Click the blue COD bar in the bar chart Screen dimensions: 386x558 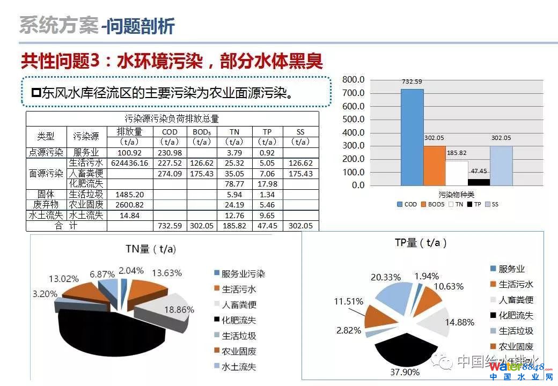(x=412, y=137)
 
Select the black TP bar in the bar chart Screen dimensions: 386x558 (x=479, y=182)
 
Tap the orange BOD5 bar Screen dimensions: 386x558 (x=435, y=165)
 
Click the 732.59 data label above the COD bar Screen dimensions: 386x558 (x=412, y=82)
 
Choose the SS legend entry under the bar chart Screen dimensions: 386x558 (x=491, y=204)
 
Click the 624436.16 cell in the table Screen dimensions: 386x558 (x=129, y=163)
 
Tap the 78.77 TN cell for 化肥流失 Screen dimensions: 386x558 (x=234, y=184)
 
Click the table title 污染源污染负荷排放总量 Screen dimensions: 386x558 (x=172, y=118)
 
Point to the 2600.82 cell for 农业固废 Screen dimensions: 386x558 (x=129, y=205)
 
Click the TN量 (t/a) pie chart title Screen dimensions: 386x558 (x=151, y=249)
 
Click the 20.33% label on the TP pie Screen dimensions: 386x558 (x=385, y=277)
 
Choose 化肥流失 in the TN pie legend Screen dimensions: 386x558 (x=239, y=320)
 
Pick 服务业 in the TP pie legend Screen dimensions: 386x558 (x=511, y=269)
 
